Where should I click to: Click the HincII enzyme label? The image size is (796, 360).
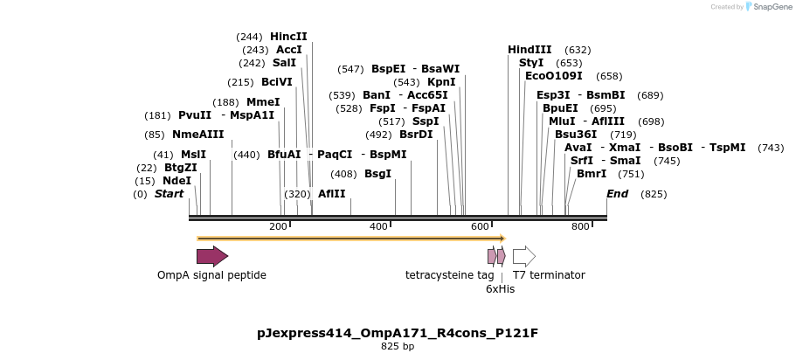pos(288,37)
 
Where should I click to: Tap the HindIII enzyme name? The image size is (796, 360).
pos(530,50)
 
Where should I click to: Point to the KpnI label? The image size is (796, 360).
pos(441,82)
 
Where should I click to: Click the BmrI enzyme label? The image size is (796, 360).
pos(592,174)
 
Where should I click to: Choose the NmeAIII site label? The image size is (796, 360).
pos(197,135)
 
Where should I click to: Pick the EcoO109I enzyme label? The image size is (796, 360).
pos(553,76)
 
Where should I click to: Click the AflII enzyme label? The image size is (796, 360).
pos(331,194)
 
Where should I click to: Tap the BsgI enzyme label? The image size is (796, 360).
pos(377,174)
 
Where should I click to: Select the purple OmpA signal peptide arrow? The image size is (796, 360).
pos(211,256)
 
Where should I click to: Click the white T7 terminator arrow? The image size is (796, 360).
pos(523,256)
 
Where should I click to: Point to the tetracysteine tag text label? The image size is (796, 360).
pos(449,275)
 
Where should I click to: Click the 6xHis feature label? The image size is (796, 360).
pos(500,288)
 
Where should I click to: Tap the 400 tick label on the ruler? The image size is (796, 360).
pos(378,227)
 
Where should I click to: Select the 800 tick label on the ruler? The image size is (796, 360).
pos(580,227)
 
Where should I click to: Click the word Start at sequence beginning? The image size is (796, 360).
pos(169,194)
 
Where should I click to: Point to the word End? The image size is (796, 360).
pos(617,194)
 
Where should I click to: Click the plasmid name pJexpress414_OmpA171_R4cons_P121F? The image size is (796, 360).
pos(398,333)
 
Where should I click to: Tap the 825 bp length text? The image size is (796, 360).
pos(398,347)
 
